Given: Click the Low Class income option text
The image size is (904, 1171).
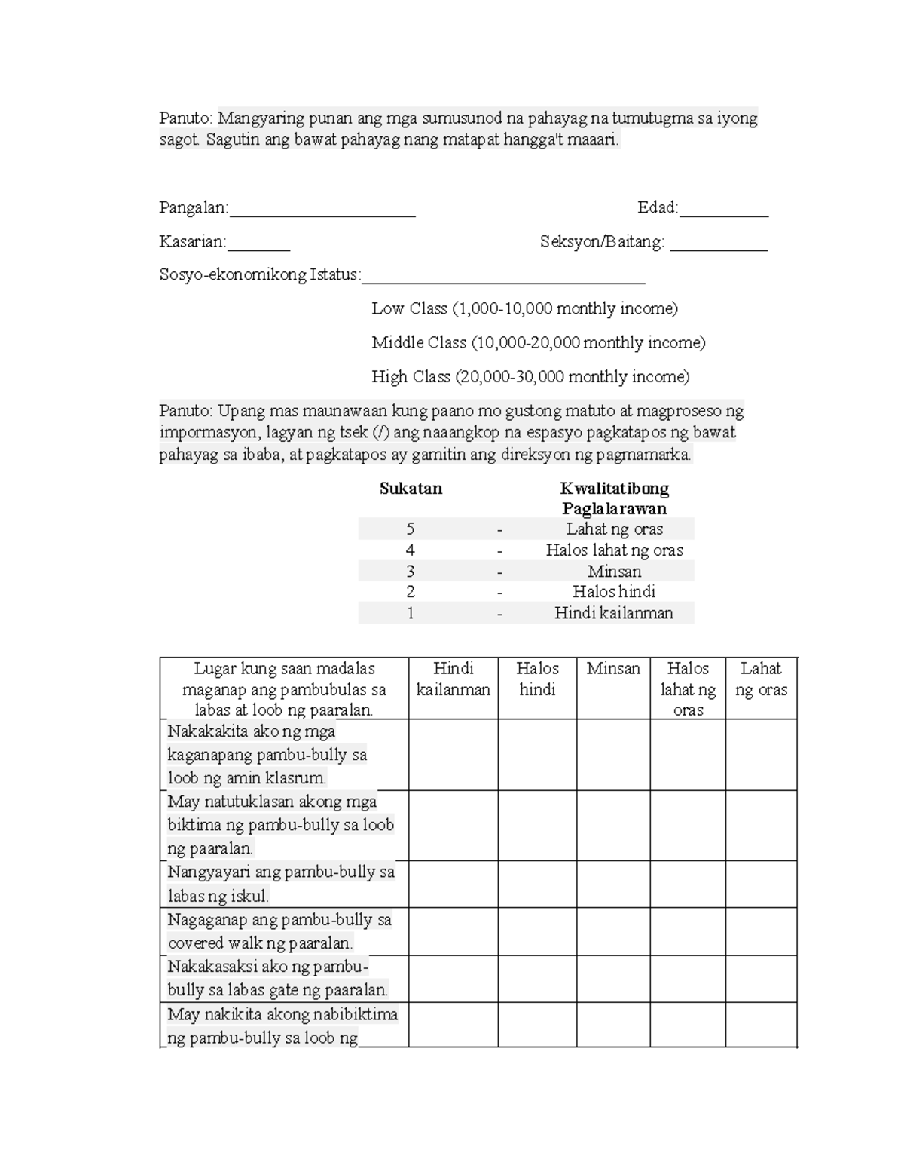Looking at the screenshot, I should (524, 308).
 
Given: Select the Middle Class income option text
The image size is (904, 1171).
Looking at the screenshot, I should (538, 342).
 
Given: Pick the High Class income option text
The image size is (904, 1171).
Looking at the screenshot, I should (530, 376).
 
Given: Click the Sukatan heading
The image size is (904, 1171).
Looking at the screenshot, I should (411, 489).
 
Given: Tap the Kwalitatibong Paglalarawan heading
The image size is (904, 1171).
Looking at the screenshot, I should (614, 498).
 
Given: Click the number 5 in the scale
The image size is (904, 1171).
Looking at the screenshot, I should (411, 529).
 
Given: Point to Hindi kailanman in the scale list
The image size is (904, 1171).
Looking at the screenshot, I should (614, 613).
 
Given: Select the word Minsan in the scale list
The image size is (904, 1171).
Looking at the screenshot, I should (614, 572).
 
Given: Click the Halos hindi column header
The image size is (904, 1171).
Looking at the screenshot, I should (537, 679).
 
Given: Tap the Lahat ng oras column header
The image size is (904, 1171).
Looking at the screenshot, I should (761, 679).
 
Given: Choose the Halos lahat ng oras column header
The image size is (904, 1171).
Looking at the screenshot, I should (688, 688).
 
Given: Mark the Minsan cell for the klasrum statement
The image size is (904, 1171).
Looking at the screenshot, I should (613, 754).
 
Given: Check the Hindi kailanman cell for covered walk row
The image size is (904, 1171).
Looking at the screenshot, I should (453, 931).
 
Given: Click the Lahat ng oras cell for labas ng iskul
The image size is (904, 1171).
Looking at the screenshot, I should (761, 884).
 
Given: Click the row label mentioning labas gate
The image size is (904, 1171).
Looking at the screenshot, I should (278, 979).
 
